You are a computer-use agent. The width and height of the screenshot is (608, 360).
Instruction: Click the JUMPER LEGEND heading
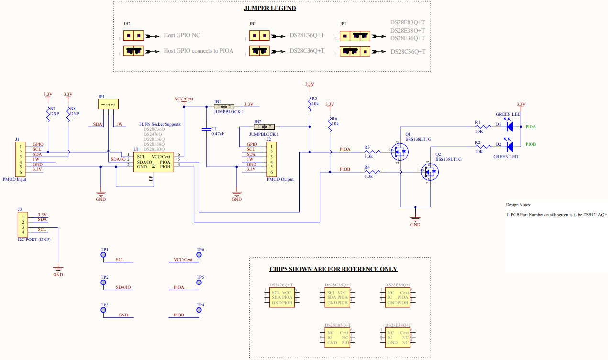pyautogui.click(x=270, y=8)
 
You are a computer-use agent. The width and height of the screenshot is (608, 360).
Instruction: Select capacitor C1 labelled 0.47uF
pyautogui.click(x=206, y=129)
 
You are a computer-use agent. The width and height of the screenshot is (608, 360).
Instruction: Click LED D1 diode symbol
pyautogui.click(x=509, y=127)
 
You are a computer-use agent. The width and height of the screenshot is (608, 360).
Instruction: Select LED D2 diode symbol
pyautogui.click(x=509, y=146)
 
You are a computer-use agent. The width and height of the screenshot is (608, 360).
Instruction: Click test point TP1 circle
pyautogui.click(x=103, y=255)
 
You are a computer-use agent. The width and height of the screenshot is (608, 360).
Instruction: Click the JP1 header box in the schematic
pyautogui.click(x=109, y=104)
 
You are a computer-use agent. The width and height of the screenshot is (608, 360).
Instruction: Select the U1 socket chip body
pyautogui.click(x=153, y=163)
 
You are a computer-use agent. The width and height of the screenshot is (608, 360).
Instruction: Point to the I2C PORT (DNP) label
pyautogui.click(x=33, y=239)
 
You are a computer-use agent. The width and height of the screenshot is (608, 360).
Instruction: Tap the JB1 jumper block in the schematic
pyautogui.click(x=223, y=107)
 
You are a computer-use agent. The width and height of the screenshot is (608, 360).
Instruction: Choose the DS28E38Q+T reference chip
pyautogui.click(x=398, y=338)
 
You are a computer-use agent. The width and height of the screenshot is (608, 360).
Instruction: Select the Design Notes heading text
pyautogui.click(x=518, y=205)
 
